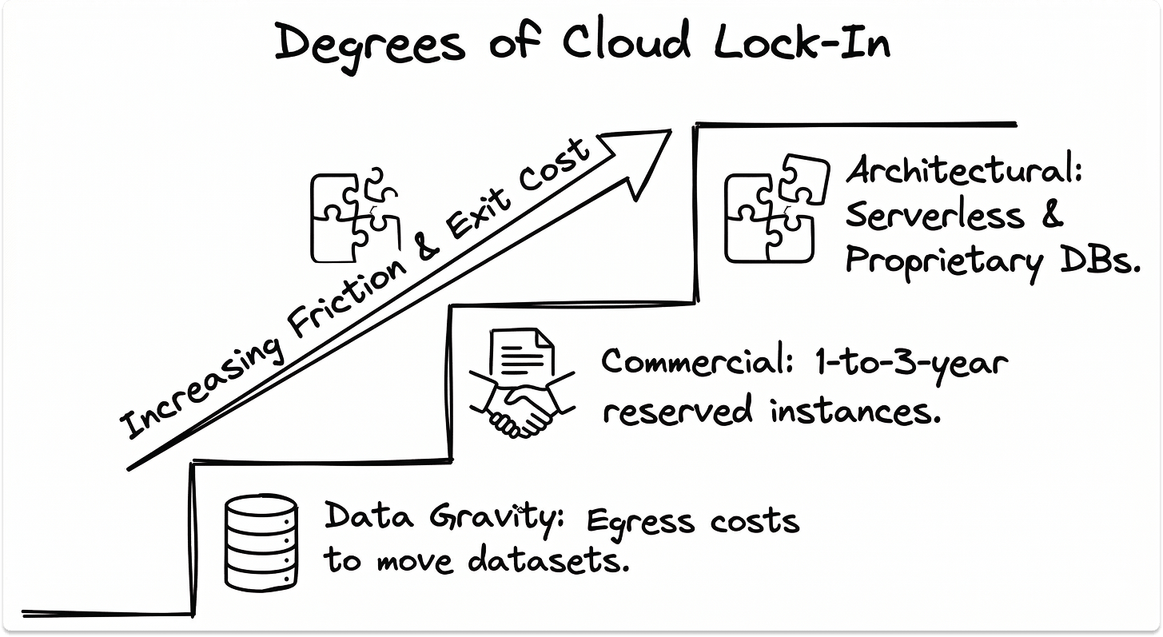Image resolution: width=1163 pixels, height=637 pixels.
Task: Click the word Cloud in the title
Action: click(x=625, y=42)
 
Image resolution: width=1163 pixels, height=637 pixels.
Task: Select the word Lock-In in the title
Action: click(x=802, y=42)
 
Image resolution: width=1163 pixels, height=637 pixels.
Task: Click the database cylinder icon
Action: click(x=261, y=542)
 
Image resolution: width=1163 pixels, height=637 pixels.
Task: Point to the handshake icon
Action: click(x=522, y=405)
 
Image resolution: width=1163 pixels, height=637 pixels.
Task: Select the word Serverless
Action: click(x=936, y=215)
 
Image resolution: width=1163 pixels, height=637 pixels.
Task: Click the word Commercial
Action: click(x=692, y=362)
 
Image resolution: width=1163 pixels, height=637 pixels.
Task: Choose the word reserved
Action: click(x=677, y=410)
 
